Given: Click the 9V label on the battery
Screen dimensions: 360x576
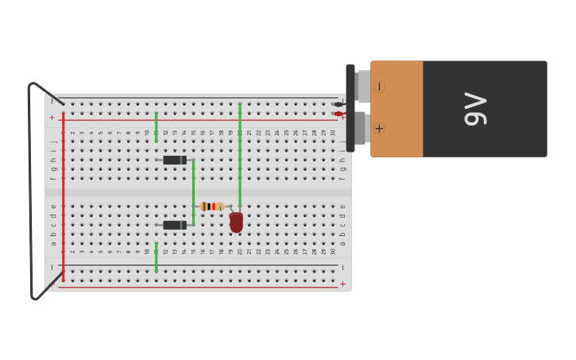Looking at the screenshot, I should pos(475,109).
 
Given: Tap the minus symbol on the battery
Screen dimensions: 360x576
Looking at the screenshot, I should pos(379,87).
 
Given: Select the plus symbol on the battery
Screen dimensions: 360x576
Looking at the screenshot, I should pos(379,129).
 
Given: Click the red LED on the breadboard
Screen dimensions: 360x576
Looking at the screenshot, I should pos(236,223).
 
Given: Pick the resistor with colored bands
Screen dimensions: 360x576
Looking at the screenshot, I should pos(212,207).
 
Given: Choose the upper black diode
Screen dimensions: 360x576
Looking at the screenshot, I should pos(175,161).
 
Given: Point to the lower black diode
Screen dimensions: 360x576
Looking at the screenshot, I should pos(175,225).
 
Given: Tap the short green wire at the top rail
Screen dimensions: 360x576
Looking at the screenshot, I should pos(157,127).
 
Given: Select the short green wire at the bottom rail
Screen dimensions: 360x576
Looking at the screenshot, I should pos(157,257).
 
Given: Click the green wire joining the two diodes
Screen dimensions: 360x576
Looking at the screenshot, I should pos(193,192).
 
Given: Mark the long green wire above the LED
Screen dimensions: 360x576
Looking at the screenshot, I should pos(240,151).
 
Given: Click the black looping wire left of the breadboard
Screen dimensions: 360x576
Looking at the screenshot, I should pos(31,191).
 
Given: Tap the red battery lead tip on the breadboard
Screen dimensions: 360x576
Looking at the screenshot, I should pos(338,114).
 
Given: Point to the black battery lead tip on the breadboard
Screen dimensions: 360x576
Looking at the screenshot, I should pos(338,104).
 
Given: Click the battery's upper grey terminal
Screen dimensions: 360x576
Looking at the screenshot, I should pos(363,86).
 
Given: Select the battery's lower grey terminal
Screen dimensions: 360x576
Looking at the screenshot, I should pos(360,128).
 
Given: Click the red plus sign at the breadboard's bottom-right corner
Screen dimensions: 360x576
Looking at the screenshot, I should pos(343,284).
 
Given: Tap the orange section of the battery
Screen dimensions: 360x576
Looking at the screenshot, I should pos(397,109).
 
